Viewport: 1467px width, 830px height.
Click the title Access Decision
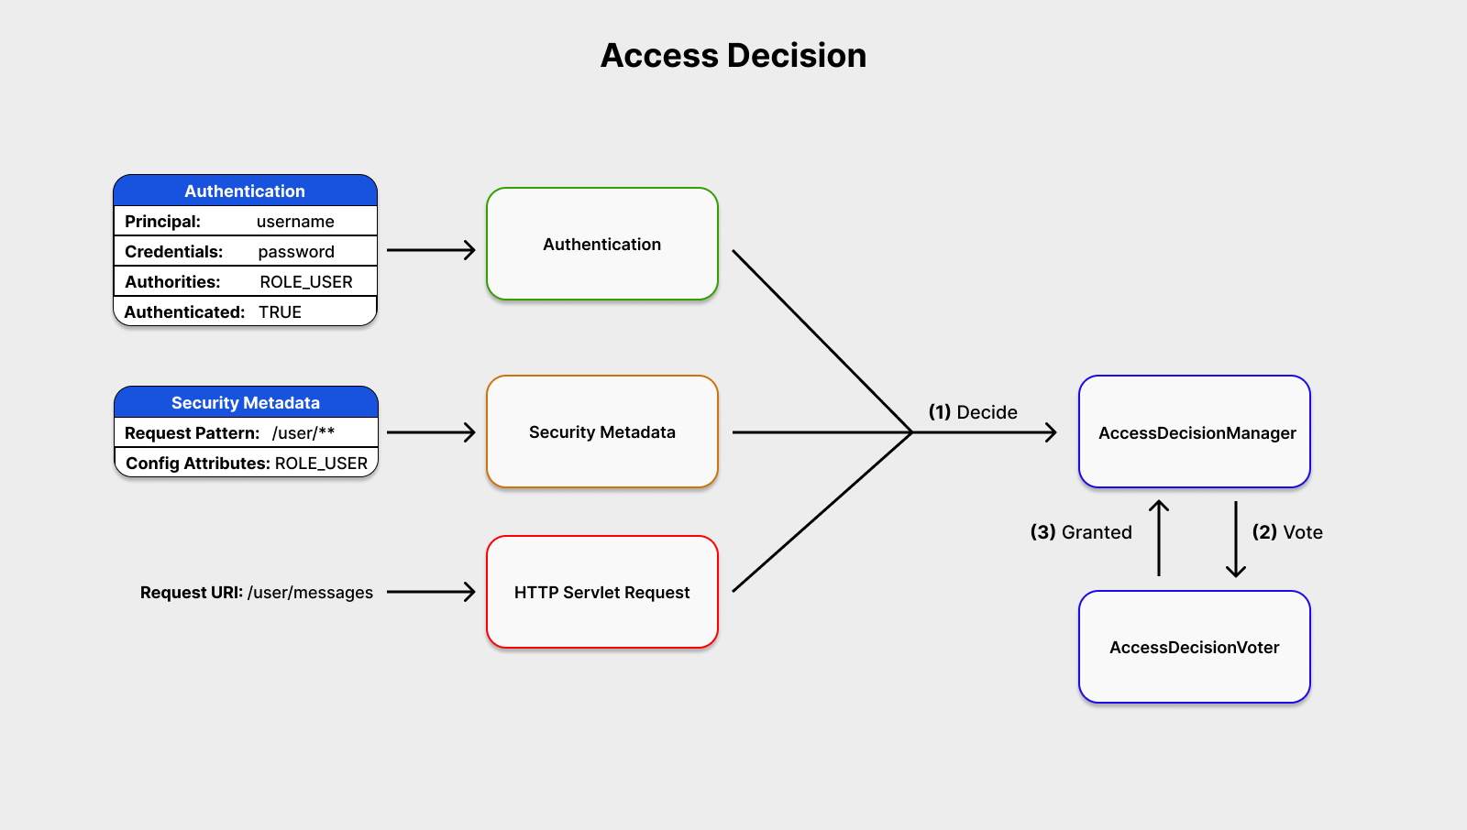(733, 56)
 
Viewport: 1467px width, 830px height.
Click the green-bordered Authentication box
(601, 244)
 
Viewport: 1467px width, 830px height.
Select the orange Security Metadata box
(601, 431)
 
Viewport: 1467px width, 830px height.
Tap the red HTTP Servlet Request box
(601, 592)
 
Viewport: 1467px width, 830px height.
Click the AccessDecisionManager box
(1195, 432)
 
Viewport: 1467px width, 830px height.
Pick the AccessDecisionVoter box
(1195, 647)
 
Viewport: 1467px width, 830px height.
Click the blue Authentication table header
(245, 191)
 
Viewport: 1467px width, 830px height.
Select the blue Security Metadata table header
(245, 402)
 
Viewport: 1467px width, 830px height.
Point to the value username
(295, 222)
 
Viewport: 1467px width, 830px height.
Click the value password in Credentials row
(296, 252)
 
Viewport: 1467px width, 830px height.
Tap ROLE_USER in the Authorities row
(306, 282)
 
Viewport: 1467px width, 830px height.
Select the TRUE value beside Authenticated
(280, 312)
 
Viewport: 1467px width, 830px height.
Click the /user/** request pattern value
(303, 433)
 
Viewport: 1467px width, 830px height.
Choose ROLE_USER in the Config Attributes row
(321, 464)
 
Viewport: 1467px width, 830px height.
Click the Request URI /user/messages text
(257, 593)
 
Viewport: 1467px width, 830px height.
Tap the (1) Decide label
(973, 412)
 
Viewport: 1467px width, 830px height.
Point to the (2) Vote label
(1287, 532)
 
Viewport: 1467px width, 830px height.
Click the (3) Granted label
(1081, 532)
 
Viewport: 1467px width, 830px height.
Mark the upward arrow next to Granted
(1159, 539)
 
